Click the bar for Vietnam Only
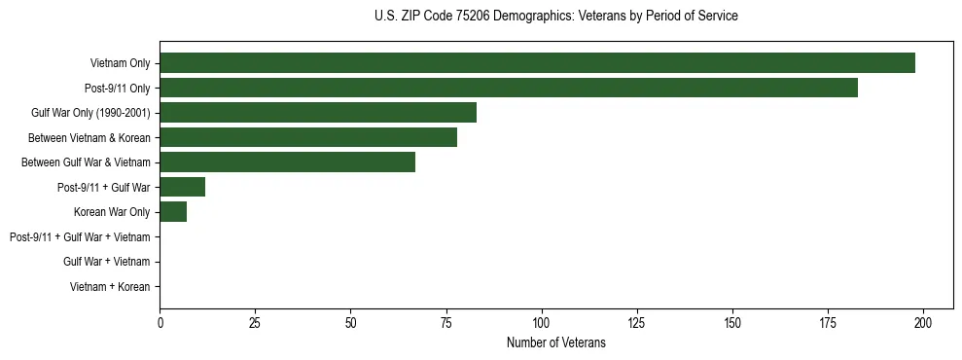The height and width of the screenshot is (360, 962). pos(537,63)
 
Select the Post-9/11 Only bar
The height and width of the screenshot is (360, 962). pos(509,88)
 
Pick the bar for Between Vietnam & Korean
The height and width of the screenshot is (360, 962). pos(308,137)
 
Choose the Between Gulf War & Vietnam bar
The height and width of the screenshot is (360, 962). pos(287,162)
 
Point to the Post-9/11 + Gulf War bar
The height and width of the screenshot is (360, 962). pos(182,187)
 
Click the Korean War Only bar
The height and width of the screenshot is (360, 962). pos(173,212)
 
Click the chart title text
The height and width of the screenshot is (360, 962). pos(555,17)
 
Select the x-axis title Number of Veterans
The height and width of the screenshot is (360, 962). pos(555,342)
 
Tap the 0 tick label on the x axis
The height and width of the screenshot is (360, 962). pos(160,322)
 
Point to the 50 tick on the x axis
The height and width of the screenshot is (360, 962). pos(350,322)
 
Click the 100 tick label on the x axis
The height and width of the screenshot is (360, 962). pos(542,322)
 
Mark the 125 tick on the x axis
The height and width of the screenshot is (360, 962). pos(637,322)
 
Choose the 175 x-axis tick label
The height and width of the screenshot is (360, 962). pos(828,322)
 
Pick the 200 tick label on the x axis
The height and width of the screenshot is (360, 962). pos(923,322)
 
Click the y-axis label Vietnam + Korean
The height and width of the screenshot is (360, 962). pos(110,287)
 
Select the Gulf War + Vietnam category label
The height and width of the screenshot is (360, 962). pos(106,262)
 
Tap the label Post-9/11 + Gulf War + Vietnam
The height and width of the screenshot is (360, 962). pos(80,237)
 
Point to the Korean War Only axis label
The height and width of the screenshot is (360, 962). pos(112,212)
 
